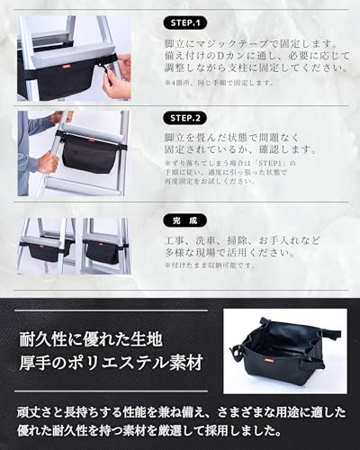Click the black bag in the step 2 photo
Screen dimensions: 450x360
89,152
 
